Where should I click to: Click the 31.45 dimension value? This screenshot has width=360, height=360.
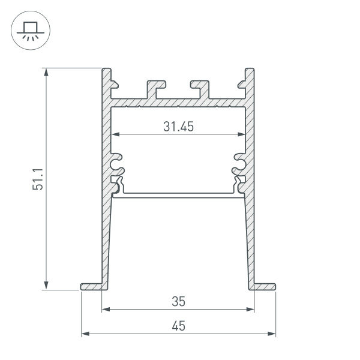178,127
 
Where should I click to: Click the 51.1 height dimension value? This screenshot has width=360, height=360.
37,179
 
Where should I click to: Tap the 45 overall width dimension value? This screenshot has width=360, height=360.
178,326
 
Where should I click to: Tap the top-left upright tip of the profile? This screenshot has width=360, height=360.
107,73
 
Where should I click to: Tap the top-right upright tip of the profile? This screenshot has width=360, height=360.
250,73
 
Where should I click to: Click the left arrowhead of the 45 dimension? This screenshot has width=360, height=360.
85,333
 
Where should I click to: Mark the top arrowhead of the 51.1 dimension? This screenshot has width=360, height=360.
47,71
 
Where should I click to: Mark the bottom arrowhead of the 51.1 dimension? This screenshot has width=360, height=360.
47,286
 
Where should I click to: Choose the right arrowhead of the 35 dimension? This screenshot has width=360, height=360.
251,310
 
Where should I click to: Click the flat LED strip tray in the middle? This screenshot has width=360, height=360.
178,195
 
